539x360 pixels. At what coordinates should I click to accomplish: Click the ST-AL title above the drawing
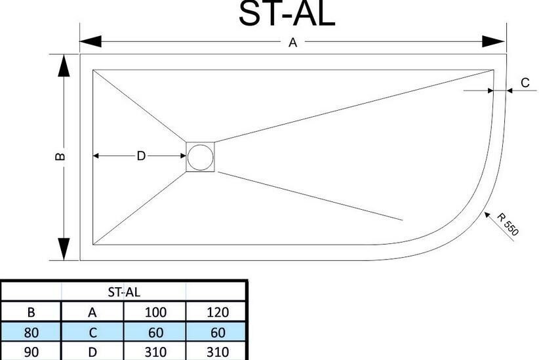point(287,14)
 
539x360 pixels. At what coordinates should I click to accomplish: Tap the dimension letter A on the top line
point(293,43)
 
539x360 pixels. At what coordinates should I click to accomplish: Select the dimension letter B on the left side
point(60,157)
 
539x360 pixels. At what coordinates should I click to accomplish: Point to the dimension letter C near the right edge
point(525,83)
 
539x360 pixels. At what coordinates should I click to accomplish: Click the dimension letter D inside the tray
point(140,156)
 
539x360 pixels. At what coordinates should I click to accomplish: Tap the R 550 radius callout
point(507,224)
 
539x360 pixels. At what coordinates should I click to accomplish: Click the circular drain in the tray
point(201,157)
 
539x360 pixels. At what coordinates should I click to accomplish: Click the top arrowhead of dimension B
point(64,66)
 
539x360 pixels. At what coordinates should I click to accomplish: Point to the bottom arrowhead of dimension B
point(64,249)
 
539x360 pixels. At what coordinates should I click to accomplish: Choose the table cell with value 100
point(155,311)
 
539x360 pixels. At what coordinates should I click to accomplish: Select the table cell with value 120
point(217,311)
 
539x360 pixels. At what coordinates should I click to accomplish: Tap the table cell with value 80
point(31,332)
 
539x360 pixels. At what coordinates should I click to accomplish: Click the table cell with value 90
point(31,352)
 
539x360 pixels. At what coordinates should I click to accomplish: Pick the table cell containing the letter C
point(92,332)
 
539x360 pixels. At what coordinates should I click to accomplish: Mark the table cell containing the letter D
point(92,352)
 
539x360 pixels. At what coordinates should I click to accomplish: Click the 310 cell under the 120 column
point(217,352)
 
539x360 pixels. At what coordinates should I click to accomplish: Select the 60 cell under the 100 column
point(155,332)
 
